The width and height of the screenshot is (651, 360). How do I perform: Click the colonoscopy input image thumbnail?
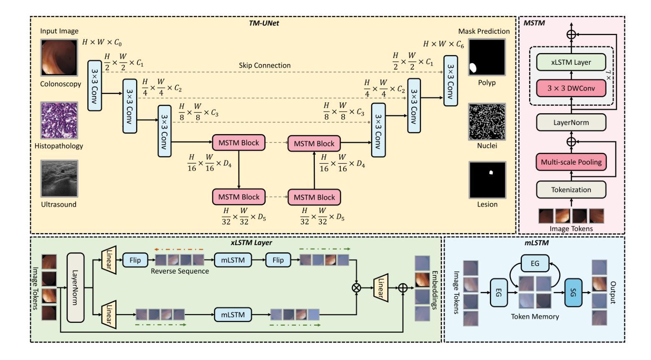point(59,57)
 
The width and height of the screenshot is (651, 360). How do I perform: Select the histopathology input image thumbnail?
point(59,120)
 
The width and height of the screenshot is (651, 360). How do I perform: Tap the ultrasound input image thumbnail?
point(59,178)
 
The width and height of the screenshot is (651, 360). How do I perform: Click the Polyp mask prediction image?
point(487,57)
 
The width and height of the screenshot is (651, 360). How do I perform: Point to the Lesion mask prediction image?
point(487,179)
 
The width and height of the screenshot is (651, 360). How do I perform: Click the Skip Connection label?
point(265,66)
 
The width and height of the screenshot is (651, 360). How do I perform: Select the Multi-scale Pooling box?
point(571,162)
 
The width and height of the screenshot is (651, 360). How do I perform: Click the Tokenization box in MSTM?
point(571,190)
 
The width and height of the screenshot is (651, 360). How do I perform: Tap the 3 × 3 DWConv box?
point(571,88)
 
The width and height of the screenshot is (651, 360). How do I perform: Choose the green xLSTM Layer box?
point(571,62)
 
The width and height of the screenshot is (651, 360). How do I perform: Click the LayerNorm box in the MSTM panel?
point(571,122)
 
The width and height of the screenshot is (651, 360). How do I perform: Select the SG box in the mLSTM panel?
point(573,293)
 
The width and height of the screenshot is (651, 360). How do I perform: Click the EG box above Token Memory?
point(534,263)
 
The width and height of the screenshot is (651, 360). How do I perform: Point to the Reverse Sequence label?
point(180,271)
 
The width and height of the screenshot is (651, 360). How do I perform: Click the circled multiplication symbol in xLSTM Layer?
point(357,287)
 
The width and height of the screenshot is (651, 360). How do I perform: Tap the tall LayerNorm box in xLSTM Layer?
point(75,287)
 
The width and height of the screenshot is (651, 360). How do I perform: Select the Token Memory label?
point(534,317)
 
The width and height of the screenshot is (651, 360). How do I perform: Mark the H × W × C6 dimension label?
point(443,44)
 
